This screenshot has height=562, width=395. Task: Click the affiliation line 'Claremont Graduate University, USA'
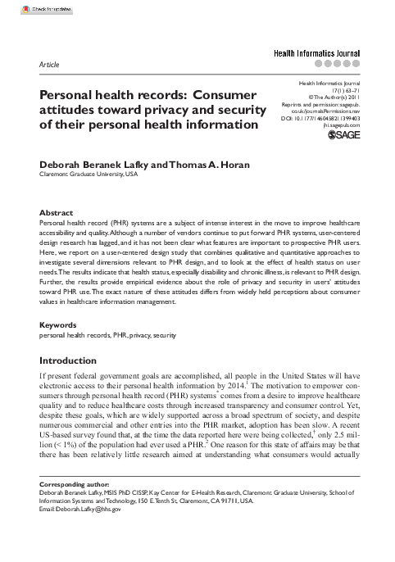pos(89,174)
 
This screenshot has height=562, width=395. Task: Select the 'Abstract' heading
pos(57,212)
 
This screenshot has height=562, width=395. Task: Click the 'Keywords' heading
pos(59,347)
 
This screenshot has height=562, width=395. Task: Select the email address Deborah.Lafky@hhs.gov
pos(89,509)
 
